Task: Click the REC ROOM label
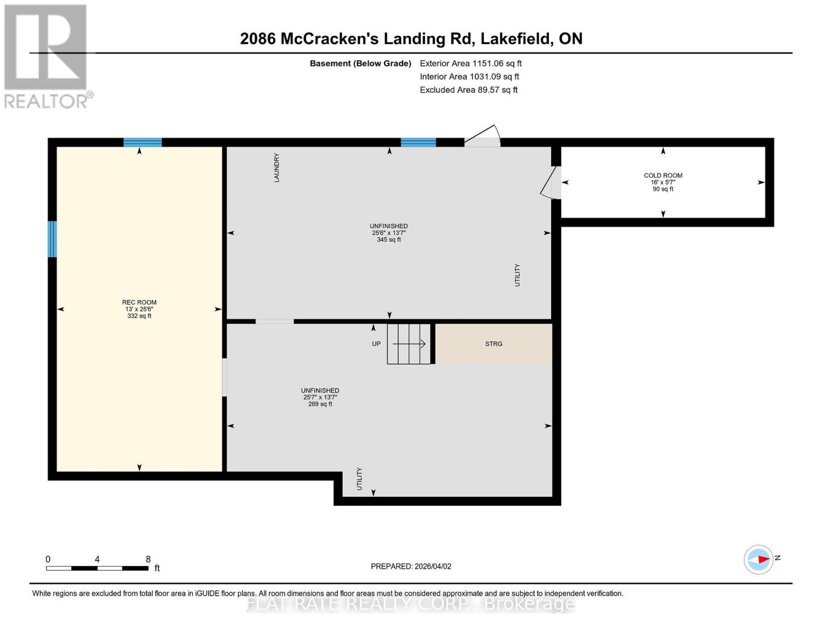pyautogui.click(x=139, y=302)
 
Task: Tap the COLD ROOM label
pyautogui.click(x=663, y=176)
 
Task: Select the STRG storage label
pyautogui.click(x=494, y=344)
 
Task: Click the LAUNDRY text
pyautogui.click(x=276, y=168)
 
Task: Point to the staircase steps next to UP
pyautogui.click(x=409, y=344)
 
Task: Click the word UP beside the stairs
pyautogui.click(x=376, y=344)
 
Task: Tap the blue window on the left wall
pyautogui.click(x=52, y=239)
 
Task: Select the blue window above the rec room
pyautogui.click(x=142, y=142)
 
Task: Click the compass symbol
pyautogui.click(x=758, y=560)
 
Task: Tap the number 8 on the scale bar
pyautogui.click(x=148, y=559)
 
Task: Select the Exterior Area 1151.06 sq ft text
pyautogui.click(x=471, y=63)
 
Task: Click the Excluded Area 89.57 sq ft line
pyautogui.click(x=468, y=90)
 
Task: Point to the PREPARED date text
pyautogui.click(x=411, y=566)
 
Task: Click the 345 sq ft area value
pyautogui.click(x=389, y=240)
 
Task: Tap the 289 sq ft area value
pyautogui.click(x=320, y=404)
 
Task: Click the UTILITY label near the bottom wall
pyautogui.click(x=359, y=479)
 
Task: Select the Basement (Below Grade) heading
pyautogui.click(x=360, y=63)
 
